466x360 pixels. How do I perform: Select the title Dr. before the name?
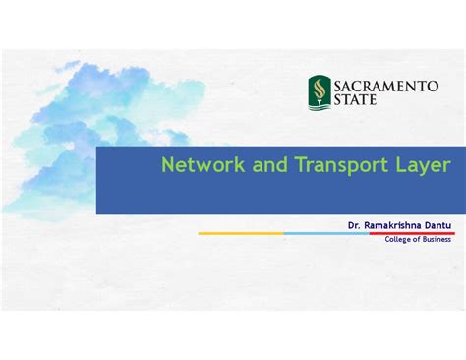(354, 225)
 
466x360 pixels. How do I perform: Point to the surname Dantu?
(437, 225)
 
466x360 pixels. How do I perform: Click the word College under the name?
(400, 239)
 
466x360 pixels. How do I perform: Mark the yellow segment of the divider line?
(241, 233)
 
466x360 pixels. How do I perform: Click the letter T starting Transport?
(296, 164)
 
